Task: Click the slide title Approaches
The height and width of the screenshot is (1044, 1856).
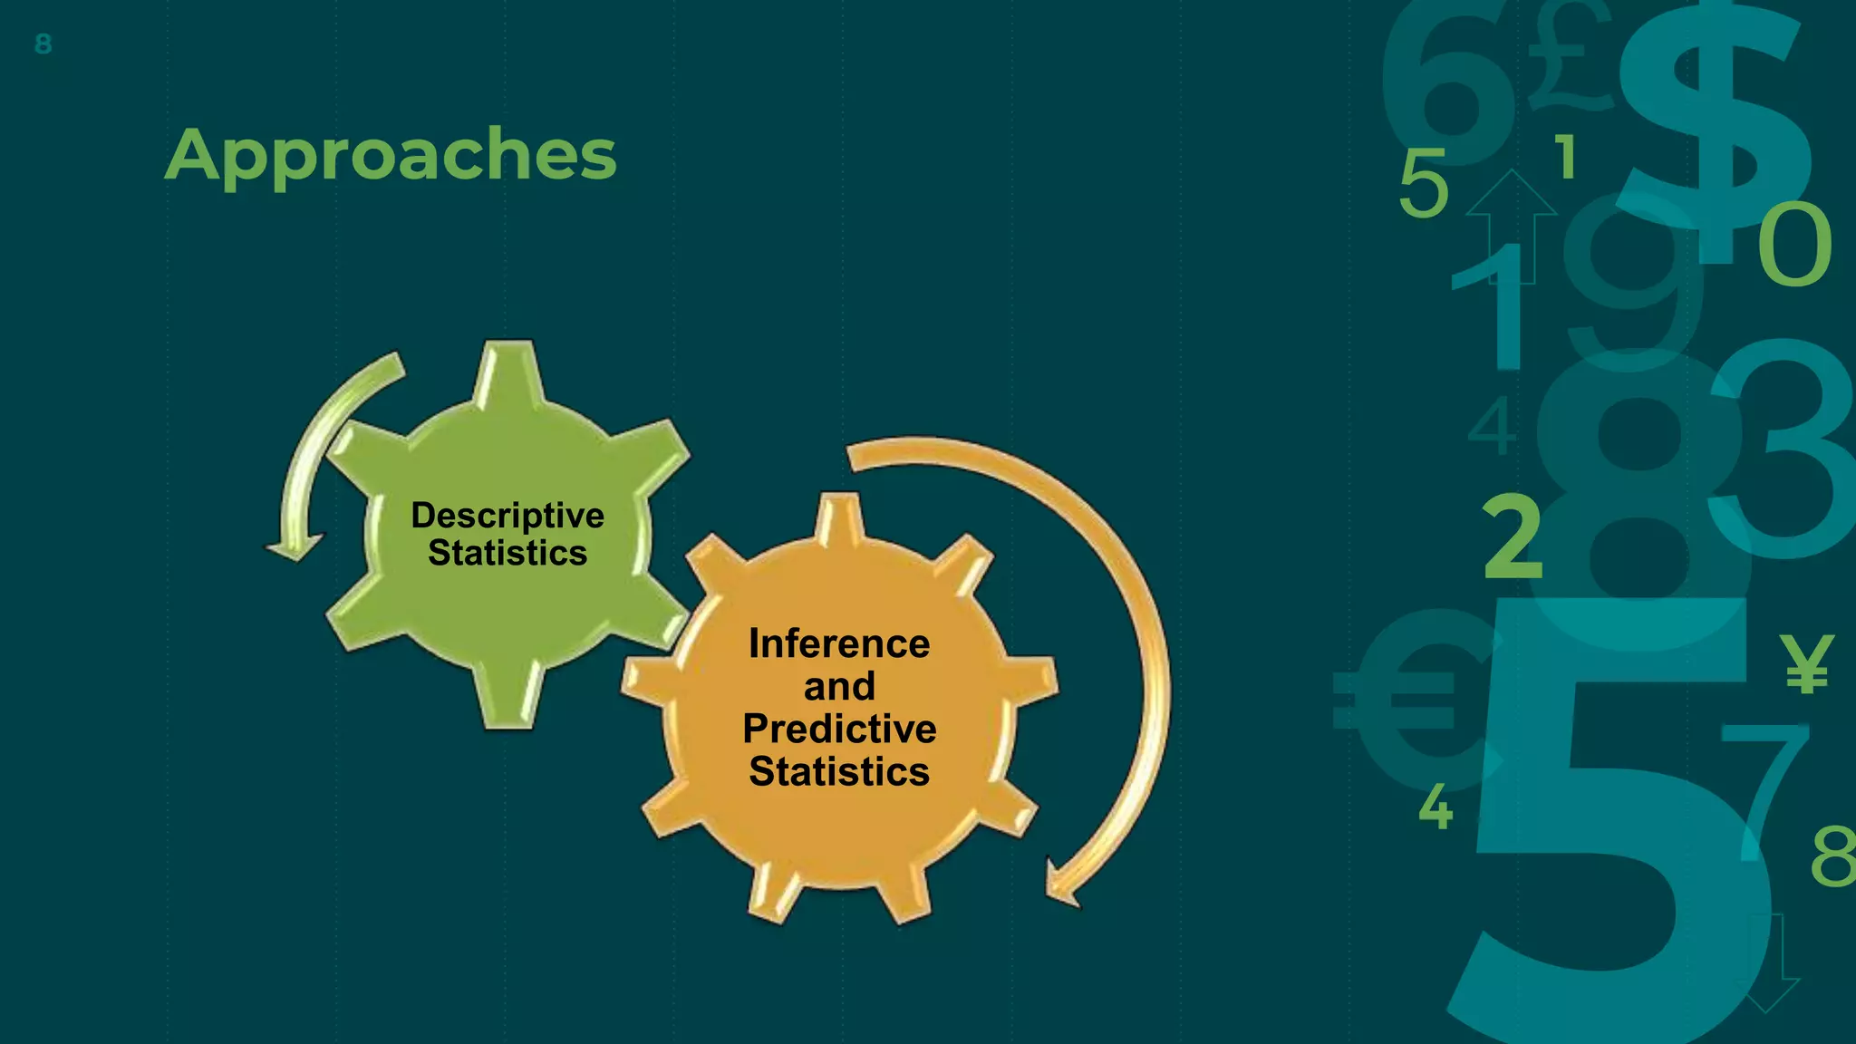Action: click(391, 156)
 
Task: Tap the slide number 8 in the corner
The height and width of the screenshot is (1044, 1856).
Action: click(43, 43)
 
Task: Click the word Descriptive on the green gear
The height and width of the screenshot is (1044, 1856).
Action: click(507, 516)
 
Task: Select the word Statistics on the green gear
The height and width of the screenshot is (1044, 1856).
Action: click(507, 553)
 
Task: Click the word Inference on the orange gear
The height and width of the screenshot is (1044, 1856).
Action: click(839, 644)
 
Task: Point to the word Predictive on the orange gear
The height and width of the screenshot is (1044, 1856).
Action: click(839, 729)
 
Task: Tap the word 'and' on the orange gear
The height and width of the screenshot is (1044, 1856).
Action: click(839, 686)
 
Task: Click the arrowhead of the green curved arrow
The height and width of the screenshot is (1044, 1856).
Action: click(294, 547)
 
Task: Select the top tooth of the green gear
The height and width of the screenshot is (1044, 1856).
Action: click(509, 370)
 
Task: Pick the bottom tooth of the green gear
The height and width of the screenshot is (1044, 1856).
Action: click(508, 698)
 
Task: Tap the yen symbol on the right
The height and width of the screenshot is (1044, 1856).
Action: click(1805, 663)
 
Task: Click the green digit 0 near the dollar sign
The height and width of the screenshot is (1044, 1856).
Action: click(1794, 245)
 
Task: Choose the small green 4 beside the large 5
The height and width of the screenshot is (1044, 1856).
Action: click(1435, 807)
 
